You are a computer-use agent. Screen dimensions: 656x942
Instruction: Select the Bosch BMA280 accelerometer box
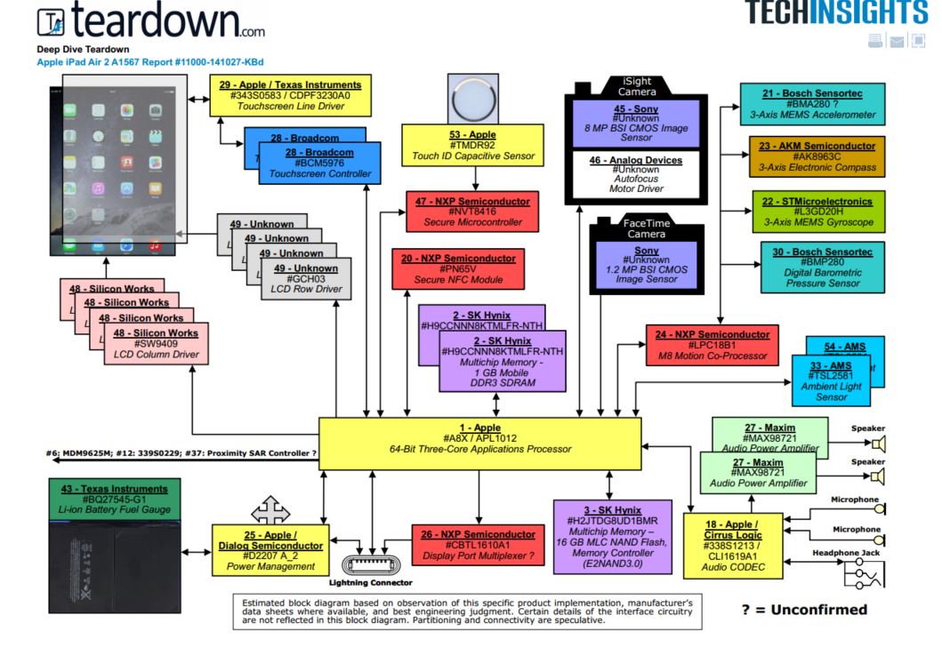[x=812, y=104]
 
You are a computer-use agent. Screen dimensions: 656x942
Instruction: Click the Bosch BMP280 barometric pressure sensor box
[x=822, y=268]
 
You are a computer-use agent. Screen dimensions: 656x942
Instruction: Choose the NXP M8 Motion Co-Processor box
[x=712, y=345]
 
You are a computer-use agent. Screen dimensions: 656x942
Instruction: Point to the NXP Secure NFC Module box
[x=458, y=268]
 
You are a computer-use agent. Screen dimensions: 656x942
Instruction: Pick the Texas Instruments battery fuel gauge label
[x=114, y=500]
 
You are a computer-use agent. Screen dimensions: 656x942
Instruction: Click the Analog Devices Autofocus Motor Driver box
[x=637, y=174]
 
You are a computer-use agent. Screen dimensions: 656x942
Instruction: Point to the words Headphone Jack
[x=845, y=553]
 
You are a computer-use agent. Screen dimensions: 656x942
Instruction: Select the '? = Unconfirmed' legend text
[x=803, y=610]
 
